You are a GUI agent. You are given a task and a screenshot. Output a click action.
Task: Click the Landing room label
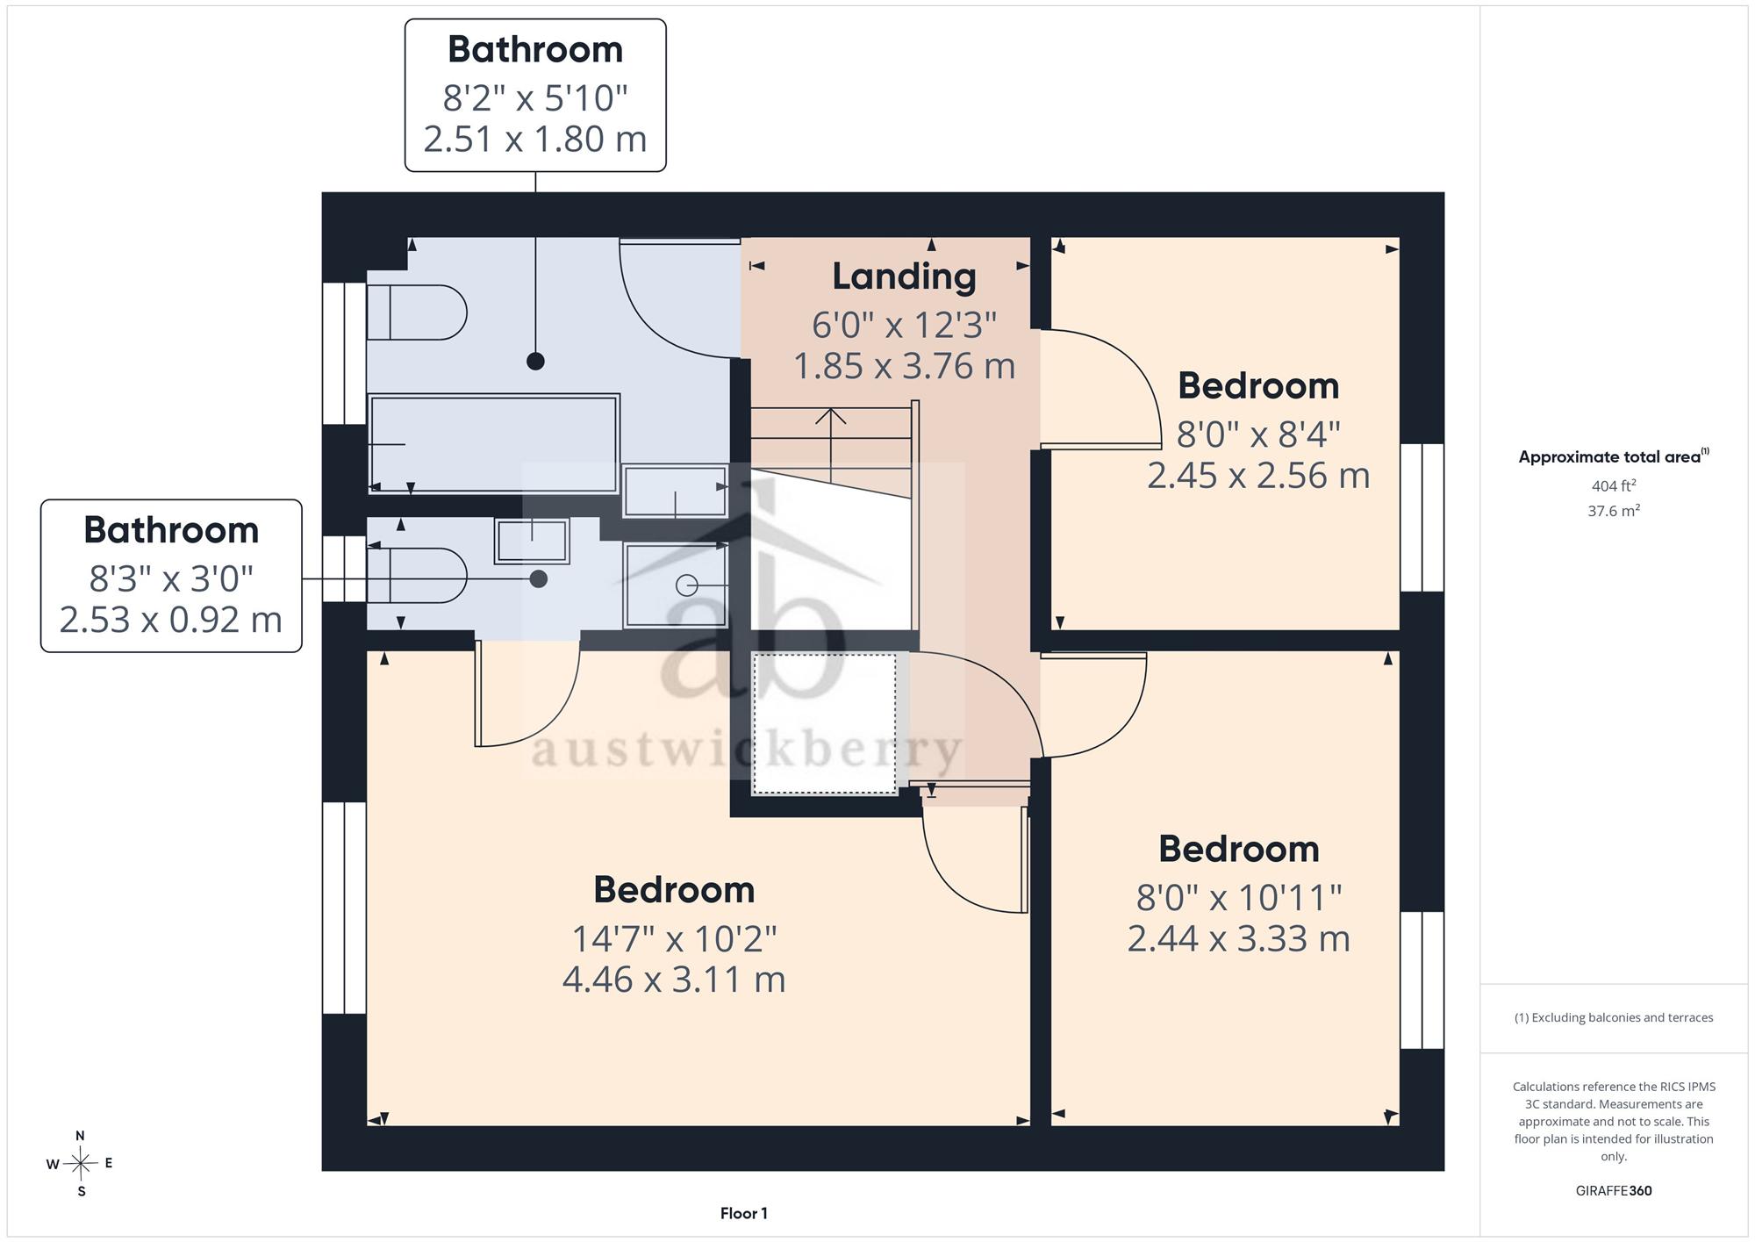[x=904, y=277]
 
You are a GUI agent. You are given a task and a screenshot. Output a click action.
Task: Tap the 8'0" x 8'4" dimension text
[x=1258, y=434]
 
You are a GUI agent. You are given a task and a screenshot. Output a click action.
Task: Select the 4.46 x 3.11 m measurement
[x=674, y=979]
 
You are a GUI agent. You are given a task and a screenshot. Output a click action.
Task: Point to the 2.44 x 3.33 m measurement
[x=1238, y=938]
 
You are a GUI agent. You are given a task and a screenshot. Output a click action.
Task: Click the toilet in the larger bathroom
[x=416, y=312]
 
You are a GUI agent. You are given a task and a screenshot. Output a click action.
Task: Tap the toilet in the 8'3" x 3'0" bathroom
[x=416, y=576]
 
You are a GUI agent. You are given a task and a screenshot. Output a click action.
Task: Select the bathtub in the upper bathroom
[x=494, y=444]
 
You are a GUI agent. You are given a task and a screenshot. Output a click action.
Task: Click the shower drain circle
[x=687, y=585]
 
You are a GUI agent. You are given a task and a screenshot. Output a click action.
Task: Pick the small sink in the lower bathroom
[x=532, y=541]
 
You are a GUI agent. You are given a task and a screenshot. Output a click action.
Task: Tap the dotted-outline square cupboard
[x=825, y=723]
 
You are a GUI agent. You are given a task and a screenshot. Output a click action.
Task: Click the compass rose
[x=80, y=1164]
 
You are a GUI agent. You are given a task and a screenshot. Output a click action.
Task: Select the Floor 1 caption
[x=744, y=1213]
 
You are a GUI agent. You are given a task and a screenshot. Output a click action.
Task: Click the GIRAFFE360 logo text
[x=1613, y=1190]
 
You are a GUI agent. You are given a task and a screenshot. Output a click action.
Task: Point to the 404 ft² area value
[x=1613, y=485]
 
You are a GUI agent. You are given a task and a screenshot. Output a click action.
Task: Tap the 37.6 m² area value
[x=1613, y=510]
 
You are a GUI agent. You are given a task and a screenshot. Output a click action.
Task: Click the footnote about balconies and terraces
[x=1613, y=1017]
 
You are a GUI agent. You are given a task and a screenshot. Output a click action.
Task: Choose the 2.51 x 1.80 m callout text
[x=535, y=139]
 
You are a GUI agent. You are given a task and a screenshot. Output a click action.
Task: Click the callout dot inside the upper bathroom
[x=535, y=361]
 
